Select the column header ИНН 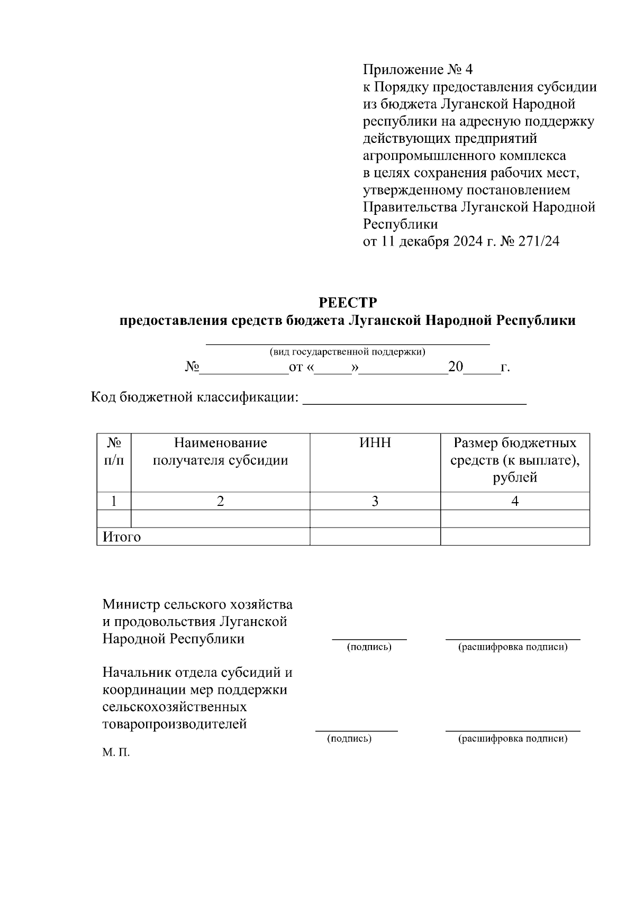point(375,443)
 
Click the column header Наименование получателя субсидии point(220,451)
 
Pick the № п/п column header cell point(114,451)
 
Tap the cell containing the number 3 point(375,501)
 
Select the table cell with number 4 point(514,501)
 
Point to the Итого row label point(122,537)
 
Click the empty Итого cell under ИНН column point(375,537)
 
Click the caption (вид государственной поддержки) point(347,352)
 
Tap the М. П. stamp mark point(116,752)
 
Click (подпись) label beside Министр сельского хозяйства point(369,647)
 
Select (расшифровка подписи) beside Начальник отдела point(512,739)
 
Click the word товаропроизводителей point(175,724)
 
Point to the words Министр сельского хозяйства point(197,604)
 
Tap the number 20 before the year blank point(455,367)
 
